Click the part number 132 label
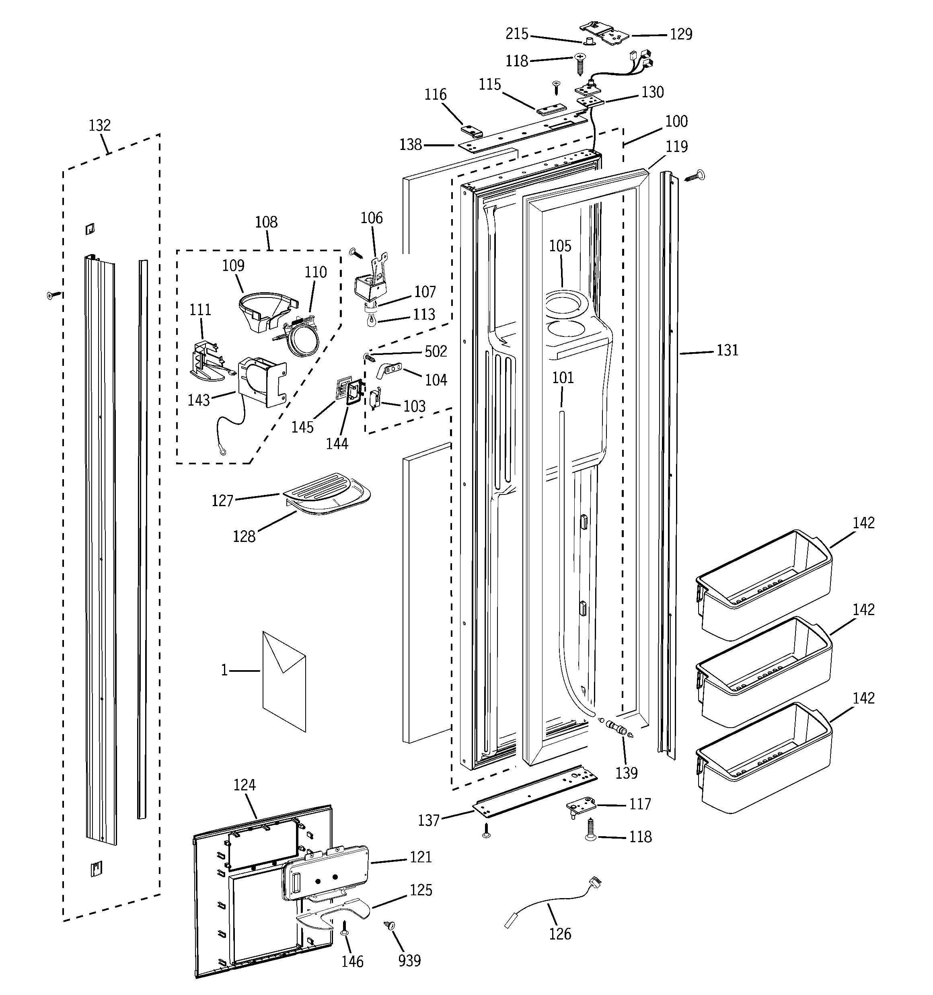[x=99, y=125]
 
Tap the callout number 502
[x=435, y=351]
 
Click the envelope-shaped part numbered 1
[x=284, y=681]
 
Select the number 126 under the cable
[x=559, y=933]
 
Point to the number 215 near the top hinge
[x=517, y=34]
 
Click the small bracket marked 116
[x=471, y=131]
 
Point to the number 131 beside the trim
[x=727, y=350]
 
